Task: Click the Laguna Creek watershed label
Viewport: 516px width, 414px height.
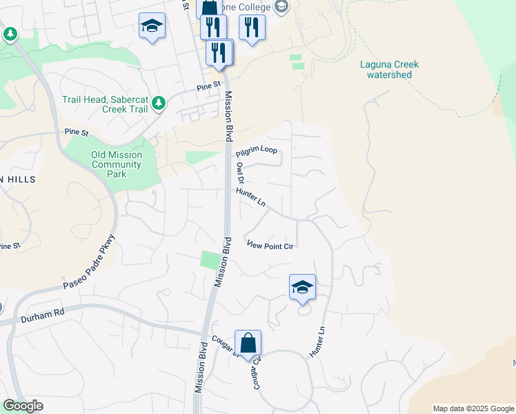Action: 389,70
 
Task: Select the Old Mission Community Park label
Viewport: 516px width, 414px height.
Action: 117,164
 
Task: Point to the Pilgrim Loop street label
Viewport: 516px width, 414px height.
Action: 256,152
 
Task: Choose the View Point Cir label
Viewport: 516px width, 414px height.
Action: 270,246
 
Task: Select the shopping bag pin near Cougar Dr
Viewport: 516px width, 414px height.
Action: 248,343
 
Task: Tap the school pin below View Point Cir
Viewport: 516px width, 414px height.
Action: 302,287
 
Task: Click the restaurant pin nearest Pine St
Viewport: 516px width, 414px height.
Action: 220,53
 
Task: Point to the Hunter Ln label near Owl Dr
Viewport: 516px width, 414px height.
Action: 251,197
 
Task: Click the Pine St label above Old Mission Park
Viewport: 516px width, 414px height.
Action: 77,131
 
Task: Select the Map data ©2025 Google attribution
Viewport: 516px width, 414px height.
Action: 473,408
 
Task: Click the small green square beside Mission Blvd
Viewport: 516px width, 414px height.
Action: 209,261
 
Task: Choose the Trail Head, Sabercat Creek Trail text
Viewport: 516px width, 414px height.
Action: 105,104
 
